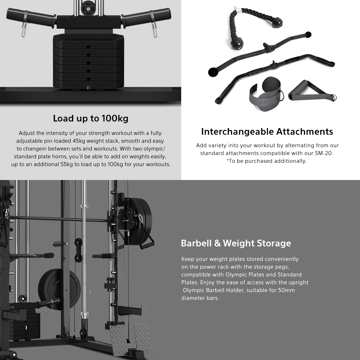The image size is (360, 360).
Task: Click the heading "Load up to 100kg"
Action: pos(91,118)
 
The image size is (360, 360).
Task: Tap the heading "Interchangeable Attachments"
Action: pos(267,132)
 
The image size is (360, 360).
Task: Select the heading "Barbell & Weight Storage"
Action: pos(236,243)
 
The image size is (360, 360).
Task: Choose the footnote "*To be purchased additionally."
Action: pos(267,161)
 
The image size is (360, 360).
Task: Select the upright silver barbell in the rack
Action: pos(84,262)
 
